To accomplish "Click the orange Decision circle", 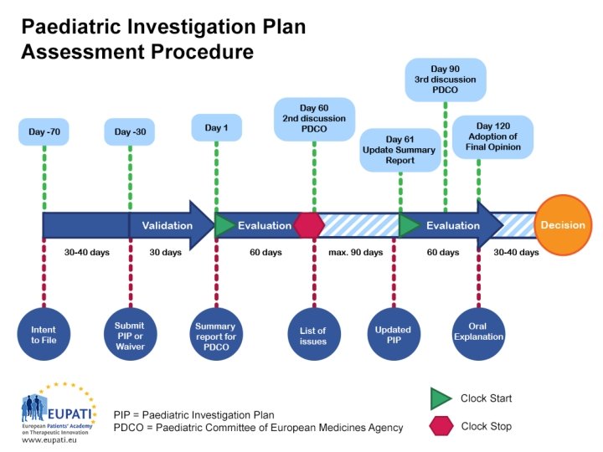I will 563,225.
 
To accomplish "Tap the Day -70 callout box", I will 44,131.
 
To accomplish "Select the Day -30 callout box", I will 130,131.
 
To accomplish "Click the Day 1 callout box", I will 217,128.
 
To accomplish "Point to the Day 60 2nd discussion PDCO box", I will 314,118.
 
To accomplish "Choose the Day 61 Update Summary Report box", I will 399,149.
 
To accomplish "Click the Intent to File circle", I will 44,332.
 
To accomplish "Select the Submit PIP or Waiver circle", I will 130,332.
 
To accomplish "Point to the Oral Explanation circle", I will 478,332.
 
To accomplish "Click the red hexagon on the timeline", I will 309,225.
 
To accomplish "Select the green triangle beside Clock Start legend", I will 441,398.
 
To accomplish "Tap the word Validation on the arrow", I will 167,225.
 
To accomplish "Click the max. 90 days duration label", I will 355,253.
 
